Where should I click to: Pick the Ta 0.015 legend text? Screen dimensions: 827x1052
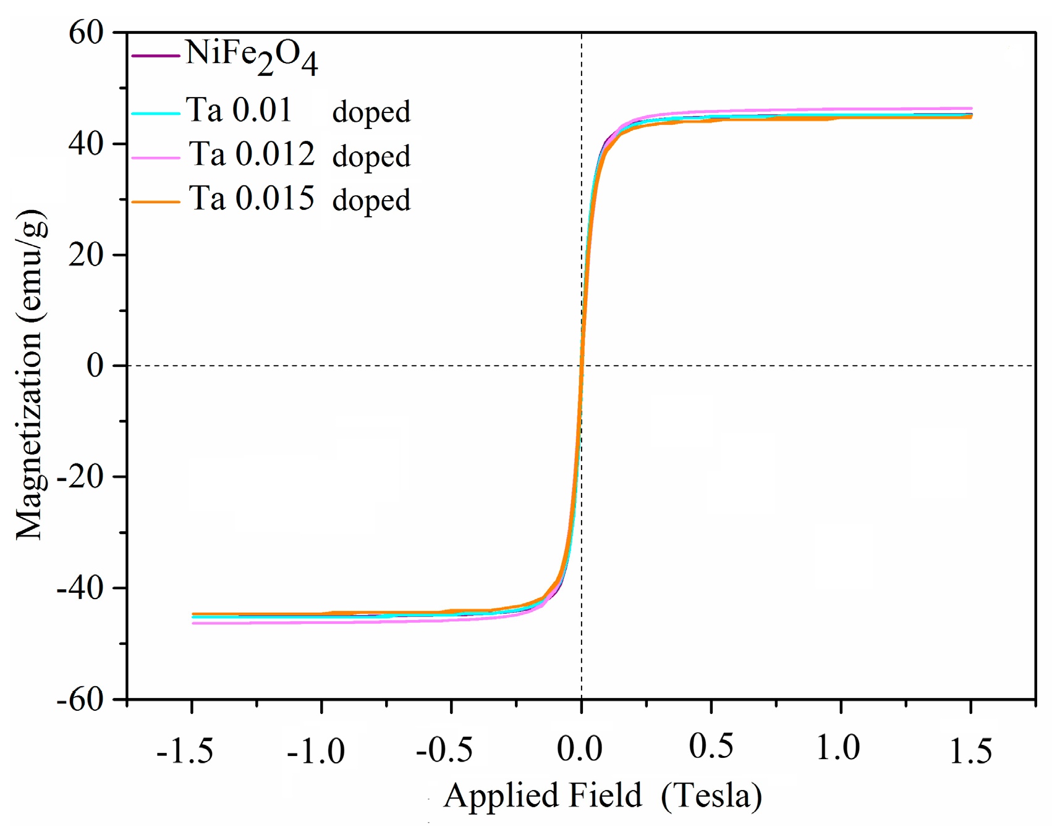pyautogui.click(x=252, y=198)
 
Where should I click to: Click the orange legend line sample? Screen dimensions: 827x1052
pyautogui.click(x=155, y=202)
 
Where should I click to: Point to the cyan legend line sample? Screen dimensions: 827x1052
pyautogui.click(x=155, y=114)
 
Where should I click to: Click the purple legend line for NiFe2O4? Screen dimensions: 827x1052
pyautogui.click(x=155, y=57)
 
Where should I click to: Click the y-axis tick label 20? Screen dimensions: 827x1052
pyautogui.click(x=86, y=254)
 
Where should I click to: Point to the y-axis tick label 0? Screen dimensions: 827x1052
pyautogui.click(x=95, y=366)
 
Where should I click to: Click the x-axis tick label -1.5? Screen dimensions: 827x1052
pyautogui.click(x=185, y=752)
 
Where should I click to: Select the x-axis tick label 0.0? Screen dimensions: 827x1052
pyautogui.click(x=579, y=749)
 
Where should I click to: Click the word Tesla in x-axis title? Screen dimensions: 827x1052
pyautogui.click(x=711, y=796)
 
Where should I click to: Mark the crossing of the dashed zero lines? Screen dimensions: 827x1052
pyautogui.click(x=581, y=366)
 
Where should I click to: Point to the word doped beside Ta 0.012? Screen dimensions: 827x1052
pyautogui.click(x=371, y=156)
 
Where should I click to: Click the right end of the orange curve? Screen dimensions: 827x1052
pyautogui.click(x=970, y=117)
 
